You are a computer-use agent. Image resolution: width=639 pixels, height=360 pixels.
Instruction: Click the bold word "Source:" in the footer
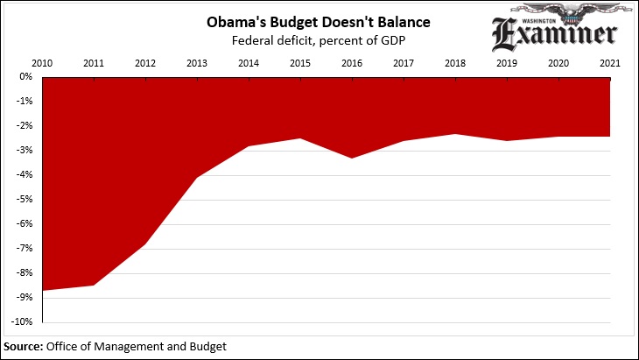click(24, 347)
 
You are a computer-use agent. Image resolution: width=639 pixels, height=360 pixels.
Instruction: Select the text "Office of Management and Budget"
click(137, 347)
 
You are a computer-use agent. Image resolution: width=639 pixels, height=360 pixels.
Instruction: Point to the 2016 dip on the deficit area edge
click(352, 158)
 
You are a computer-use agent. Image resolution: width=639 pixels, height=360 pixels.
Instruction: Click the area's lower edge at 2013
click(197, 177)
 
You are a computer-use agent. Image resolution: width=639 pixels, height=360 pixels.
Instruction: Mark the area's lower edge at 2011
click(94, 285)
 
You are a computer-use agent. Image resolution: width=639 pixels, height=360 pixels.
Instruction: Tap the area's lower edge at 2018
click(454, 134)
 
